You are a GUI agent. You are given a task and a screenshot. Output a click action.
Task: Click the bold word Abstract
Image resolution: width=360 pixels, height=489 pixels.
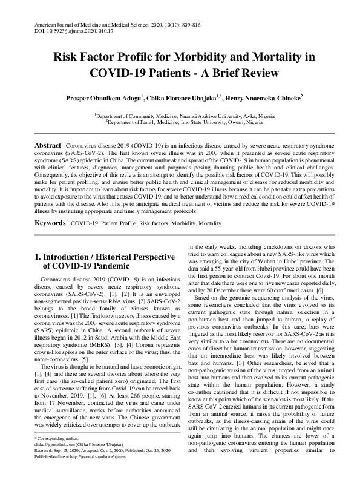click(x=47, y=146)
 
